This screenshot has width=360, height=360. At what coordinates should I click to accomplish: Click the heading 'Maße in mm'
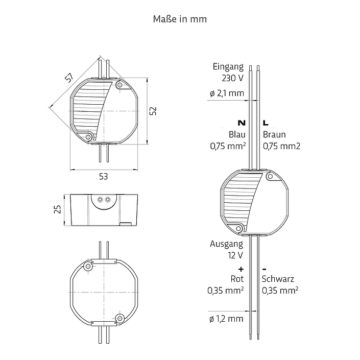[180, 19]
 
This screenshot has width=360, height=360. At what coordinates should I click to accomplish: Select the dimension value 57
[69, 78]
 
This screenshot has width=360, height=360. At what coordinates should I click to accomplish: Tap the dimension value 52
[153, 111]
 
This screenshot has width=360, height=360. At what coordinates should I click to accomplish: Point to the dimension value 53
[103, 176]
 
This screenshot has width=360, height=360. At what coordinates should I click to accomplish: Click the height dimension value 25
[57, 209]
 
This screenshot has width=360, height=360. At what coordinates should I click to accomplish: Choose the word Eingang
[228, 67]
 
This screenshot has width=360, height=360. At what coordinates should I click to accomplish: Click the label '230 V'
[232, 78]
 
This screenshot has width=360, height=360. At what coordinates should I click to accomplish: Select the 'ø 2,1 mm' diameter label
[227, 93]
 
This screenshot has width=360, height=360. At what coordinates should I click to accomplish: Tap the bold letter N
[242, 123]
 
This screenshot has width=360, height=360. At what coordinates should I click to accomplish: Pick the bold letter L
[266, 123]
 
